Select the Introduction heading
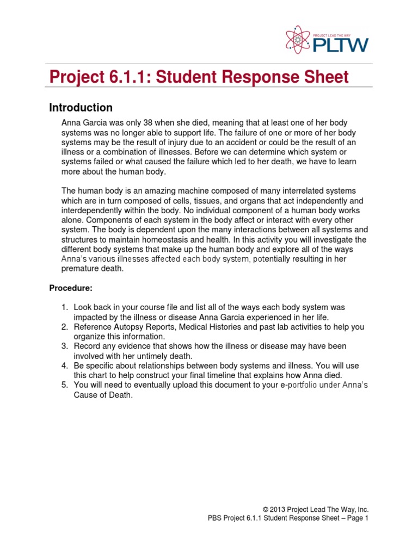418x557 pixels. click(x=81, y=107)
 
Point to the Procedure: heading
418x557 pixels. click(x=71, y=287)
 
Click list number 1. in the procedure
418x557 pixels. click(x=64, y=307)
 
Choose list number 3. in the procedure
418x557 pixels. click(x=64, y=346)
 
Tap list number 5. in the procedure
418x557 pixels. click(x=64, y=385)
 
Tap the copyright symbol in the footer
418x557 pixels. click(x=266, y=509)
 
